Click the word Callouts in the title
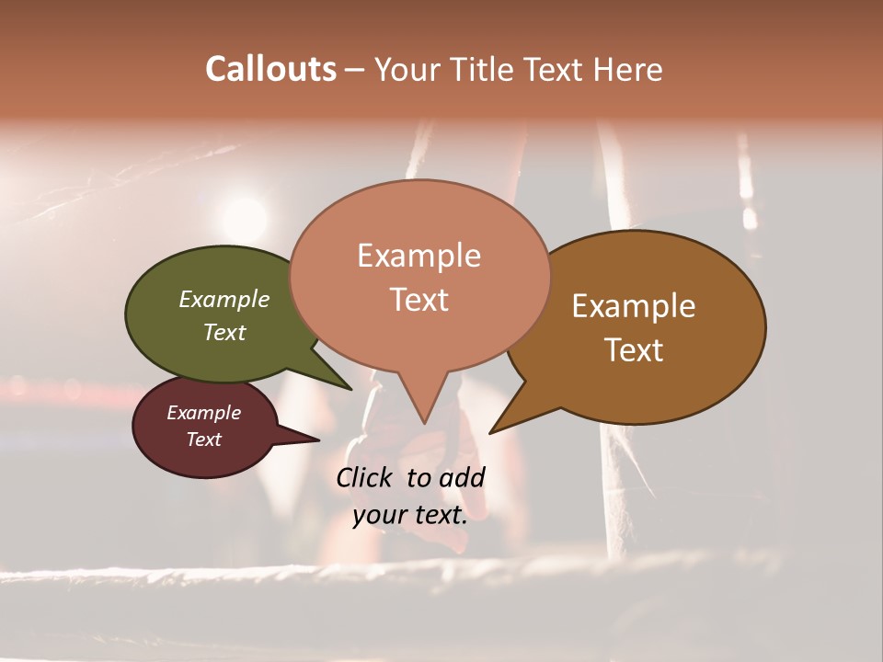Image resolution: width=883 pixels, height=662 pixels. click(270, 69)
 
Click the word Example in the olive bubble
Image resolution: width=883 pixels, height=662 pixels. click(224, 299)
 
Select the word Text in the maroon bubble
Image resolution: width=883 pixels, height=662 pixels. click(204, 439)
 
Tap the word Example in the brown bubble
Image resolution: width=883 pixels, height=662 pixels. click(634, 306)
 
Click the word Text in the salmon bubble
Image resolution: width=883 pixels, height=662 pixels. click(419, 300)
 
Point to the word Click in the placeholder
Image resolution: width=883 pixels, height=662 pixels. click(366, 477)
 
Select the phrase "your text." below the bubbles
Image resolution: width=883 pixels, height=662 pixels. click(410, 516)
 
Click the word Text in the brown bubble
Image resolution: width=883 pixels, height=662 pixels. click(635, 350)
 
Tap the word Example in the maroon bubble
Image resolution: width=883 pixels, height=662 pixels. click(204, 413)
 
